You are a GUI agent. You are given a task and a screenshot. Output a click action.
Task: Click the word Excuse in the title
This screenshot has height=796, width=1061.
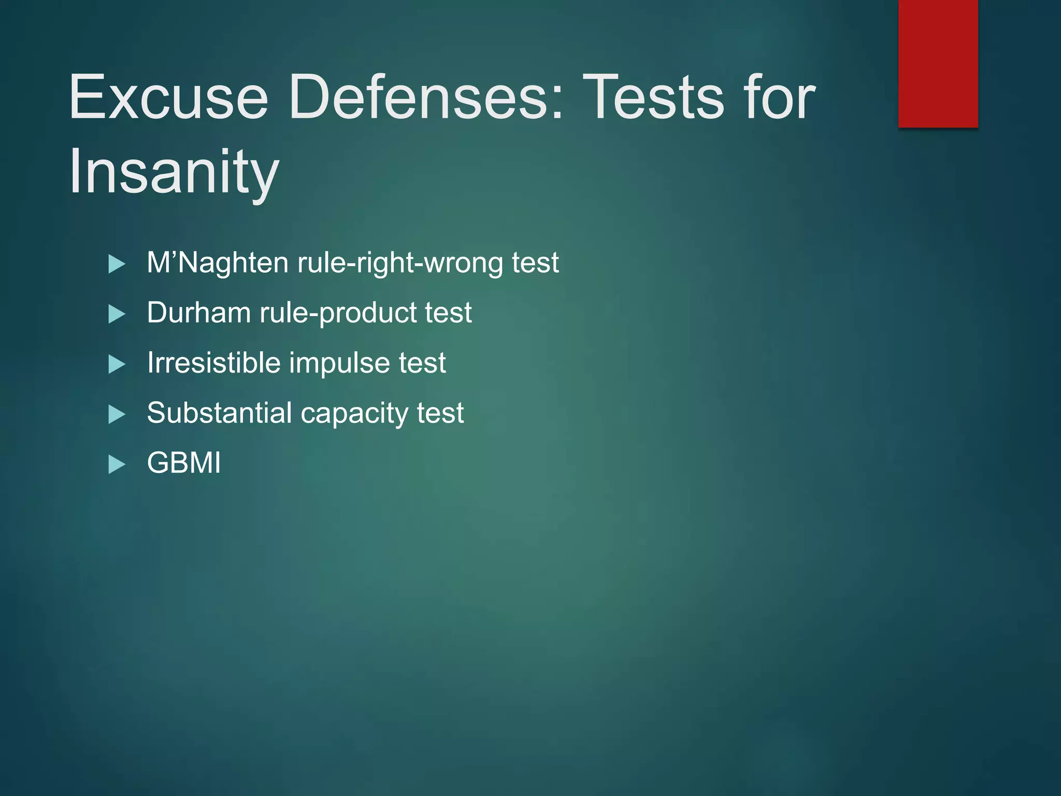click(x=168, y=97)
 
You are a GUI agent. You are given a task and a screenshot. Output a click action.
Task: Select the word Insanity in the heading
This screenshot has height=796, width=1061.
click(x=174, y=172)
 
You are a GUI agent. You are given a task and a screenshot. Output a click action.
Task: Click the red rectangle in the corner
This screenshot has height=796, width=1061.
click(x=938, y=63)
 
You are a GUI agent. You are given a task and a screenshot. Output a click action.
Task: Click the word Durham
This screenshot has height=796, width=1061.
click(x=198, y=312)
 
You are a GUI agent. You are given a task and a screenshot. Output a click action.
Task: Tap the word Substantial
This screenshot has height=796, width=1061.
click(x=219, y=413)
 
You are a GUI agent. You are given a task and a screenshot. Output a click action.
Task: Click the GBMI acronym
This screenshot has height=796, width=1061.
click(x=184, y=463)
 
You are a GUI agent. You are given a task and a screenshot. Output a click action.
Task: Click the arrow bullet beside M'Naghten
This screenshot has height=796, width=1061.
click(x=117, y=264)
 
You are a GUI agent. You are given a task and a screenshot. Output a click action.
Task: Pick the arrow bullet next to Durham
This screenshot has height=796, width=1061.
click(x=117, y=314)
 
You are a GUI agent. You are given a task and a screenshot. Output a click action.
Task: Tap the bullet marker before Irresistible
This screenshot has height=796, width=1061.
click(x=117, y=364)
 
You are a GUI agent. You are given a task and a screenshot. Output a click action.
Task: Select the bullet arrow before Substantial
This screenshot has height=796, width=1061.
click(x=117, y=415)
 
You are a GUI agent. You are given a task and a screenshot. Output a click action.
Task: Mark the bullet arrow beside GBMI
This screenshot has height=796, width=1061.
click(x=117, y=464)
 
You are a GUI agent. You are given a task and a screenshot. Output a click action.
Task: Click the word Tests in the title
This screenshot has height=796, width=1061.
click(x=653, y=97)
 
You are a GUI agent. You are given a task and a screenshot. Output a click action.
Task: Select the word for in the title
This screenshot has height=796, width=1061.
click(x=779, y=97)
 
